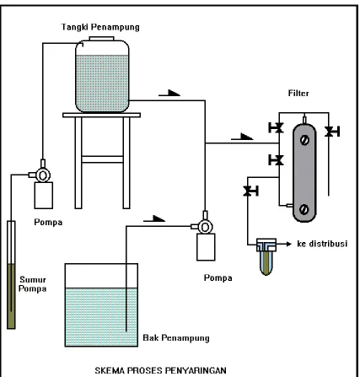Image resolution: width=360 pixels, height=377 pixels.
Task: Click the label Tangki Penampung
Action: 100,27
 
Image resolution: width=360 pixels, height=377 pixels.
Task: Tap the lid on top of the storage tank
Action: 101,39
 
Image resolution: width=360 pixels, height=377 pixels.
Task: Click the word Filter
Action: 298,93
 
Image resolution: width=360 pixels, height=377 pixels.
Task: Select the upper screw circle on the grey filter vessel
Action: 304,140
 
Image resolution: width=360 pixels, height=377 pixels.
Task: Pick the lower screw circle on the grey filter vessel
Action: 304,209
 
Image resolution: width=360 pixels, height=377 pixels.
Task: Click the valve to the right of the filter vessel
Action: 332,132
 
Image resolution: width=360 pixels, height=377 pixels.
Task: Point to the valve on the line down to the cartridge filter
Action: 250,191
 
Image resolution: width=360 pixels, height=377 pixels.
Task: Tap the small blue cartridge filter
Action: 266,256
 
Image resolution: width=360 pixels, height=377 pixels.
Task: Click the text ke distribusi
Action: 322,244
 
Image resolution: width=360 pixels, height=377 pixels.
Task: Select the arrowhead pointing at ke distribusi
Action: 288,244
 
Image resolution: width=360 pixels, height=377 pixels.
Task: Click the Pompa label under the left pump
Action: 48,223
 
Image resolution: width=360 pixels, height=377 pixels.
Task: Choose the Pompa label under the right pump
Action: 218,278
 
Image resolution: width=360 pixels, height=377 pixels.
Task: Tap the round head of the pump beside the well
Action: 43,175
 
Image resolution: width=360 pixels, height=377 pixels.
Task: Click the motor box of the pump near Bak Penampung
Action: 206,247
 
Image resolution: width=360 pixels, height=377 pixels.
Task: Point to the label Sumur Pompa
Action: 33,284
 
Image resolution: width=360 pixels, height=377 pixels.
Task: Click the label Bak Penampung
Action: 176,338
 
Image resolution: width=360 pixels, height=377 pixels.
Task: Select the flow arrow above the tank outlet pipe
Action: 169,93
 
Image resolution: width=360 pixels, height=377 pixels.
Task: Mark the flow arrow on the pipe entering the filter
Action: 242,137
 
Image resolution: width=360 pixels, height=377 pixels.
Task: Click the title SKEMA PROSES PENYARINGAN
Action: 160,370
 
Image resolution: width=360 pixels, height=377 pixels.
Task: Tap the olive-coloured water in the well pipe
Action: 11,296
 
